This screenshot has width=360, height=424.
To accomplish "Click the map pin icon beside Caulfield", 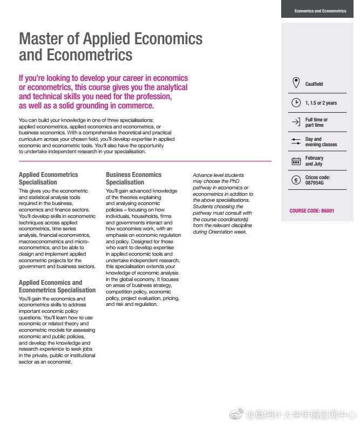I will (x=296, y=83).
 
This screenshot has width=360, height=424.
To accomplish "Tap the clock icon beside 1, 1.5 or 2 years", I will (x=296, y=102).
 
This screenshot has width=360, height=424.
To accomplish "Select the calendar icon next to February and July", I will (x=296, y=161).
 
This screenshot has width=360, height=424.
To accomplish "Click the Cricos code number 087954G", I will (x=315, y=183).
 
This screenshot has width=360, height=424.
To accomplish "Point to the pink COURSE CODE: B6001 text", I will (x=311, y=211).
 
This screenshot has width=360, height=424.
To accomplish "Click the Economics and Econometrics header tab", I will (x=320, y=11).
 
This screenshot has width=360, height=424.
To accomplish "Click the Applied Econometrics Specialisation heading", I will (x=48, y=179).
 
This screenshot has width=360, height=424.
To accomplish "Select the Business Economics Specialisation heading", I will (x=133, y=179).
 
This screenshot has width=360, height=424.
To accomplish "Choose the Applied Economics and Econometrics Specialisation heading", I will (x=57, y=286).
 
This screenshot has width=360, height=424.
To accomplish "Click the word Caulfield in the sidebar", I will (x=314, y=84).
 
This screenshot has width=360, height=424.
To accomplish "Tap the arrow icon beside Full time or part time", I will (x=296, y=122).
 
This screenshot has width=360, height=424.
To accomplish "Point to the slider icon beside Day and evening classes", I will (x=296, y=141).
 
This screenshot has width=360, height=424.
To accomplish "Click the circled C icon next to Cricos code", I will (x=296, y=180).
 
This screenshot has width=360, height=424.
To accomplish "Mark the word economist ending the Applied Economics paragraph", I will (x=59, y=362).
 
